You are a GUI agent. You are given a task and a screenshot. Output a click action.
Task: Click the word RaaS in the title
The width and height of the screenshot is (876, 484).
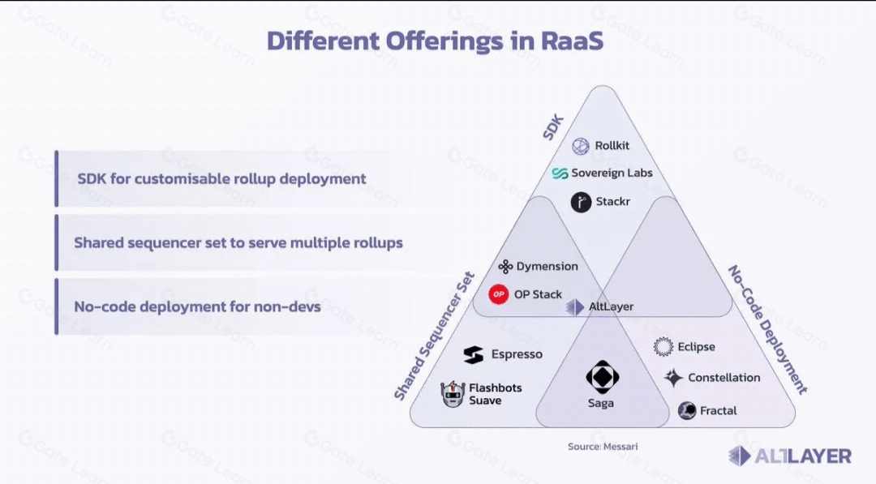[572, 41]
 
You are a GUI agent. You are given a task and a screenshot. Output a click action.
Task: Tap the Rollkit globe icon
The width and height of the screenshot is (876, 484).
[581, 146]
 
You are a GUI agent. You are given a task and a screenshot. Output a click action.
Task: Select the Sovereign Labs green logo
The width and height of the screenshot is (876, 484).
[560, 173]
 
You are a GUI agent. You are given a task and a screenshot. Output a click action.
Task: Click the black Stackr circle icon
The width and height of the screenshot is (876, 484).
[581, 202]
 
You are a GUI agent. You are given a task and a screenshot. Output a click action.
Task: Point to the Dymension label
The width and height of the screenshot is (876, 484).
[547, 266]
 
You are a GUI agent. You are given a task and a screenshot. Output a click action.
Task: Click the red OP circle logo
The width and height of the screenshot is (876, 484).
[498, 294]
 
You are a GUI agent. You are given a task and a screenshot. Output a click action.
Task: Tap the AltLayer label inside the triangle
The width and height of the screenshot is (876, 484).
[612, 306]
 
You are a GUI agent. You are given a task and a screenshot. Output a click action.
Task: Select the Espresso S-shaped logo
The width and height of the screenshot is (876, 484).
[473, 354]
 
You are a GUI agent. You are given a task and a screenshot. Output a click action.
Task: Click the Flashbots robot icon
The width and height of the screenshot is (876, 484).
[453, 394]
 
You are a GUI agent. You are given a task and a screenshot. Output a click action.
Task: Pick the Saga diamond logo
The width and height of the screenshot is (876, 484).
[602, 377]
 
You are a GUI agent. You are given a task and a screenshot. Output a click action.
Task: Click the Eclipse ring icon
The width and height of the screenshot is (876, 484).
[663, 347]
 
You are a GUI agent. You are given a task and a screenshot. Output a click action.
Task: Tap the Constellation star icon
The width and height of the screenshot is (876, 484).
[673, 378]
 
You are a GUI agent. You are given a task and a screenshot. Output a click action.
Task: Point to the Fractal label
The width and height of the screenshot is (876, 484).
[719, 411]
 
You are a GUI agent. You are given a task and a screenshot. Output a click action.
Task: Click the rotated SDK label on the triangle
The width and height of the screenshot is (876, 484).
[553, 128]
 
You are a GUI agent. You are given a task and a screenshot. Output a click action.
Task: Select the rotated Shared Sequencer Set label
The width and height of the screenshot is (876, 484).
[434, 336]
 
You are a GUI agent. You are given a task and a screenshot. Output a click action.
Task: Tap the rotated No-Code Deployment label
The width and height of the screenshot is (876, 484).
[767, 329]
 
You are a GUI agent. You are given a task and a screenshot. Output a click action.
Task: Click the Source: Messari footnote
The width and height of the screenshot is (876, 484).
[603, 447]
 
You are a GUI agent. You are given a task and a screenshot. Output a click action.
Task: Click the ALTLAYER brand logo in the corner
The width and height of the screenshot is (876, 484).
[790, 456]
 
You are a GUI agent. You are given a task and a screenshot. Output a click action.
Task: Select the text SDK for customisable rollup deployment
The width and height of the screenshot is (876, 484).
[221, 178]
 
